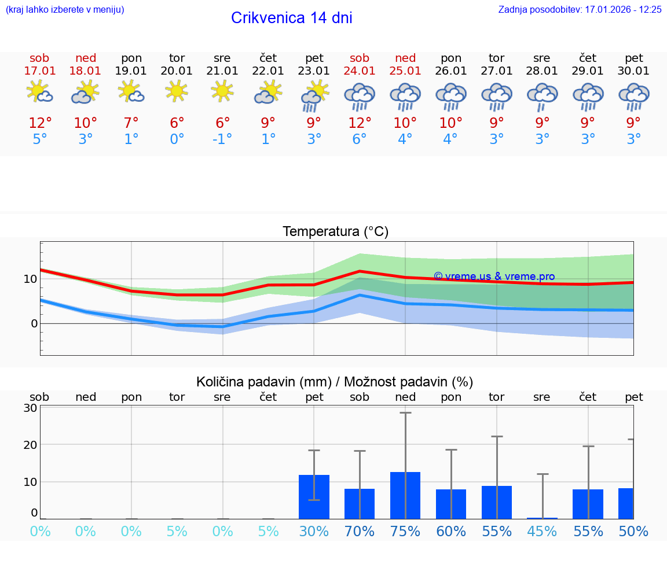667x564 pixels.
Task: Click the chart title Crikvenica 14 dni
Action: point(291,18)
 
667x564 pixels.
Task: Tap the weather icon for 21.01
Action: point(222,91)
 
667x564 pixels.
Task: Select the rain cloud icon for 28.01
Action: point(542,96)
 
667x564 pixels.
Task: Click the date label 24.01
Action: point(360,71)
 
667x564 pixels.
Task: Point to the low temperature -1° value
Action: point(222,139)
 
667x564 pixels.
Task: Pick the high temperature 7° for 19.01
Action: point(131,123)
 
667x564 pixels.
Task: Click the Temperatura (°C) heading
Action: point(335,232)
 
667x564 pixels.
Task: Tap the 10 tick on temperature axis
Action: point(30,279)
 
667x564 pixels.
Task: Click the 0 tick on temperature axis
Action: point(34,323)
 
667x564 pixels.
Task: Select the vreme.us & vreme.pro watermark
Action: point(494,277)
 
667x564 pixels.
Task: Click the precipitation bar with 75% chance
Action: point(405,495)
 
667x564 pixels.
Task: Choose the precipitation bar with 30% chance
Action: point(314,497)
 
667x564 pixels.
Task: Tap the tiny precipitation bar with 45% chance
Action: point(543,518)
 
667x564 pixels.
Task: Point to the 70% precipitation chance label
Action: point(360,531)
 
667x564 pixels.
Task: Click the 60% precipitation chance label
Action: point(451,531)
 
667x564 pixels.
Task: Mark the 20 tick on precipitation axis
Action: point(30,445)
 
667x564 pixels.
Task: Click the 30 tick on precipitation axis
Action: point(30,408)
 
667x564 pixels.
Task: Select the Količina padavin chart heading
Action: point(335,382)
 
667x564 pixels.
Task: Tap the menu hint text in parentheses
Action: point(65,10)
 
